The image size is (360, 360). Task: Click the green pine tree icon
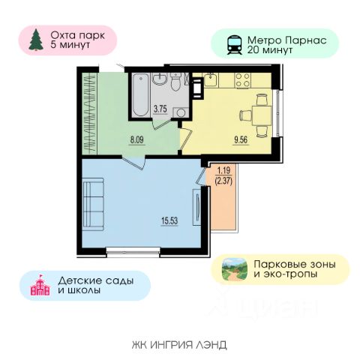point(36,40)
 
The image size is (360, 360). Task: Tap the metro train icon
point(234,45)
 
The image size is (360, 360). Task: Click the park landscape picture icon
point(235,269)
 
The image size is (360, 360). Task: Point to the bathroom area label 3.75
point(160,109)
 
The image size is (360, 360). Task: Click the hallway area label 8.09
point(137,139)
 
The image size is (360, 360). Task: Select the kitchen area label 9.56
point(241,140)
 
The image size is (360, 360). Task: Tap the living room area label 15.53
point(169,220)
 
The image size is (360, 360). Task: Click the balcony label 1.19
point(223,171)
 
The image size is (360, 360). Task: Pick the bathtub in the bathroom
point(141,95)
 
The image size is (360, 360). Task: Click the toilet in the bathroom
point(177,81)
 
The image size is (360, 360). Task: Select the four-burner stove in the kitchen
point(242,80)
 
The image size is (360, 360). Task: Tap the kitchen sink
point(211,79)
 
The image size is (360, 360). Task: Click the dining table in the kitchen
point(262,115)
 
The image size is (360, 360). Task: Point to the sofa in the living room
point(93,204)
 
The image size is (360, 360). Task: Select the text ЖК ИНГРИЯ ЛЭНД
point(179,345)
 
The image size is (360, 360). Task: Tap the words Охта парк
point(78,35)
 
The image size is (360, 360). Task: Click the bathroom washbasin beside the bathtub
point(160,79)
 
